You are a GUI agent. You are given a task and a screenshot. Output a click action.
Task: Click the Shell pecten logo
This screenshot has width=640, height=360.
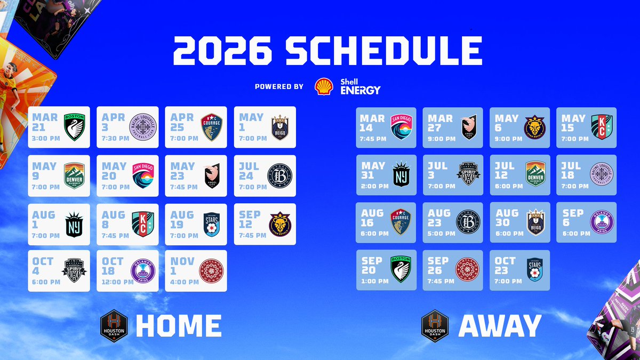(x=324, y=86)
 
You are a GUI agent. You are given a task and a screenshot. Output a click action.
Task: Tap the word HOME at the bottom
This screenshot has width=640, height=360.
(x=178, y=326)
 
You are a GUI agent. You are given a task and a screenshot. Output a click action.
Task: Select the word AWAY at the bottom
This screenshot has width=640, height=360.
(x=500, y=326)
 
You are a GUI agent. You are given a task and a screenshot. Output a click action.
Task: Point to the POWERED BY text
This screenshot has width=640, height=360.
(x=279, y=87)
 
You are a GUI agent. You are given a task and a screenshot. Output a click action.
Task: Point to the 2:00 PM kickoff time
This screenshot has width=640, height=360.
(x=375, y=186)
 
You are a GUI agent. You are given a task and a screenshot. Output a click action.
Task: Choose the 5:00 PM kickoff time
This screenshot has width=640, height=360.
(x=442, y=233)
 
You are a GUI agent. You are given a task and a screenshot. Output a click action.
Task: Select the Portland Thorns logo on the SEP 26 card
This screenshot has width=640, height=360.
(x=468, y=270)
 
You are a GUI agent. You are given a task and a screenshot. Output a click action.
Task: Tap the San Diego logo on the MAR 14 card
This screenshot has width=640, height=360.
(x=401, y=126)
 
